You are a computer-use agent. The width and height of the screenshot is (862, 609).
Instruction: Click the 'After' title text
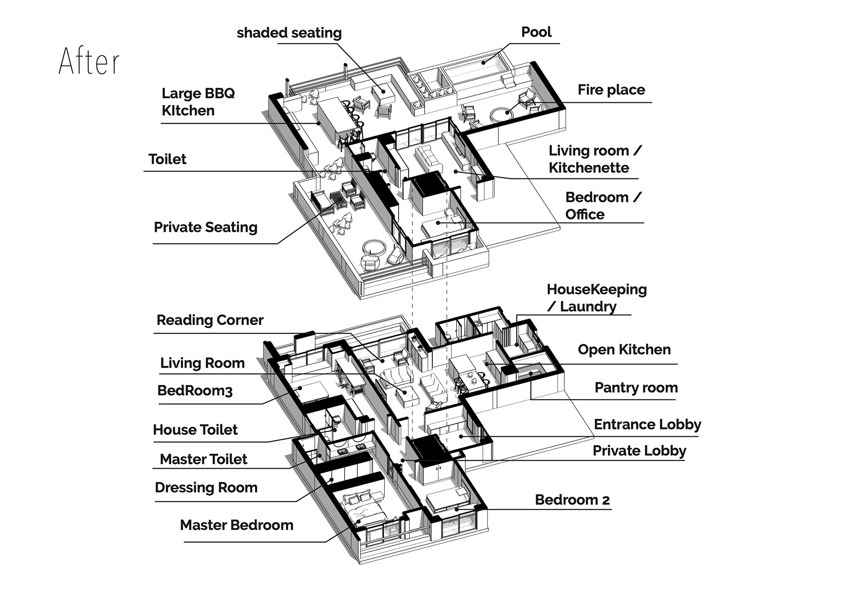(x=89, y=61)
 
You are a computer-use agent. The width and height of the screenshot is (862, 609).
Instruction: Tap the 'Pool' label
(x=536, y=32)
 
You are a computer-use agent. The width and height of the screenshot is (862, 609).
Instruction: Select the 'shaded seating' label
(x=289, y=33)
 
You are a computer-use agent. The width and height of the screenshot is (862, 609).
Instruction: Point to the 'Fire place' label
(x=611, y=90)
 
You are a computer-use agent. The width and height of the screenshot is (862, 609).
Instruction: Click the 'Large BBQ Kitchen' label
(x=198, y=102)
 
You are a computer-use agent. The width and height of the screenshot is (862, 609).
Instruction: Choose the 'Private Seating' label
(x=206, y=227)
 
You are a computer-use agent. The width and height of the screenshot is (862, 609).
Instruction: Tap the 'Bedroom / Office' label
(x=603, y=206)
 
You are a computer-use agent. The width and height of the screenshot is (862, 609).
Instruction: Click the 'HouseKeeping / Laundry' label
(x=596, y=298)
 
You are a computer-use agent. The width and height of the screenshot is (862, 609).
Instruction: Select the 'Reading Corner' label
(x=210, y=320)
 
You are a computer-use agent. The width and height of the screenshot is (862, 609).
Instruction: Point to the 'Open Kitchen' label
(x=624, y=350)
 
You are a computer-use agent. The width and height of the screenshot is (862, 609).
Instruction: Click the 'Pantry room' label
(x=636, y=387)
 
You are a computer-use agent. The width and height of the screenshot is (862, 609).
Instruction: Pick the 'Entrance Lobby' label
(x=647, y=424)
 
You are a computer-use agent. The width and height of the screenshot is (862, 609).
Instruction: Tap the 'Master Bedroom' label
(x=237, y=525)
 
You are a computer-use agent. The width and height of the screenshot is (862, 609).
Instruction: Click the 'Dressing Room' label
(x=206, y=487)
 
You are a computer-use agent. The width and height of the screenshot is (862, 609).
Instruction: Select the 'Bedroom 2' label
(x=572, y=500)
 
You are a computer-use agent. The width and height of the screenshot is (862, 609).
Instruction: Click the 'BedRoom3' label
(x=195, y=390)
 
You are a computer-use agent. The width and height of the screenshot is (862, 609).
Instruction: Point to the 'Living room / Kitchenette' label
(x=595, y=159)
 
